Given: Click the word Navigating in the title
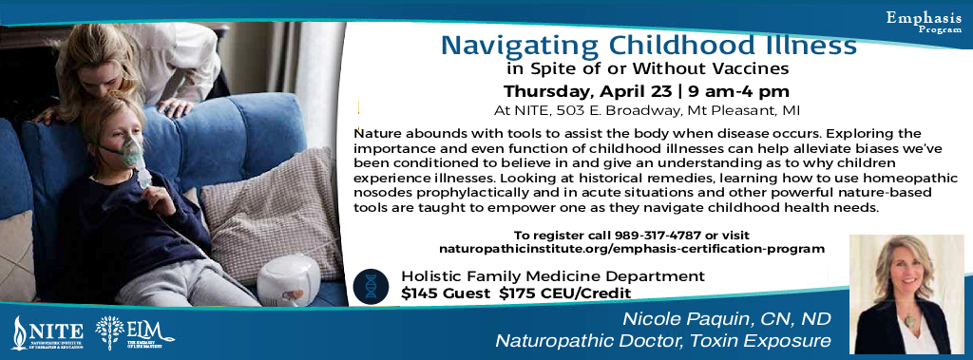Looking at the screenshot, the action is coord(522,46).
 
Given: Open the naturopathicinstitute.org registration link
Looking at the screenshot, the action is coord(632,249).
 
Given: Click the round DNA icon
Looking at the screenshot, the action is coord(371,286).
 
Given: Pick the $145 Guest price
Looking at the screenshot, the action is coord(446,293).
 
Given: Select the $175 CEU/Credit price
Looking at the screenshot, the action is coord(565,293).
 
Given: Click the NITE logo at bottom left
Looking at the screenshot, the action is coord(48,333).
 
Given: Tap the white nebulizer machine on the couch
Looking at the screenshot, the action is coord(288,280).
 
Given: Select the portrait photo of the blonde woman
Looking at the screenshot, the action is coord(906,294).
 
